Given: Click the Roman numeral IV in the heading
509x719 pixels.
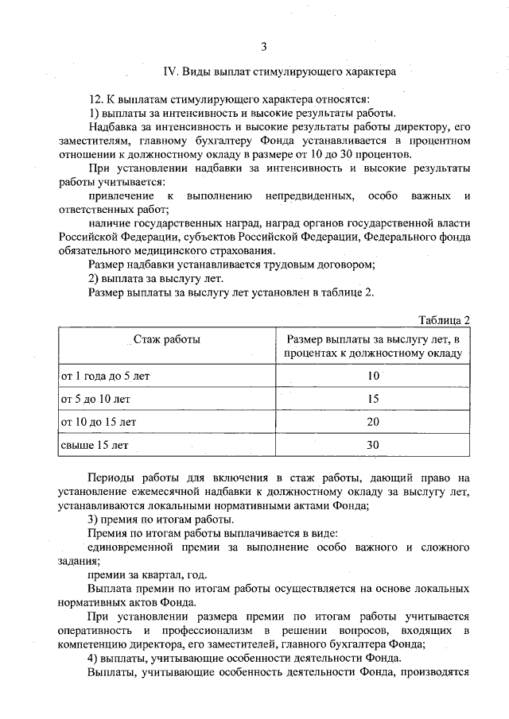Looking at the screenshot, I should [x=169, y=72].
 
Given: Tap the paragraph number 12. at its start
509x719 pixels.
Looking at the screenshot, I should [x=96, y=99].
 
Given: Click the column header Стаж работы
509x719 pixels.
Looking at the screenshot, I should [x=166, y=339].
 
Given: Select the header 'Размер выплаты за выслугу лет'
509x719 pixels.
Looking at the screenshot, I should [x=372, y=339].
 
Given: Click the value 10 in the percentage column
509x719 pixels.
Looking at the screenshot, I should [x=372, y=374].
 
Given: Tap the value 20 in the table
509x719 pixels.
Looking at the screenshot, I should [x=372, y=421].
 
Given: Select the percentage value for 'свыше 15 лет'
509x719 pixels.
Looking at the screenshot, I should [x=372, y=445].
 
